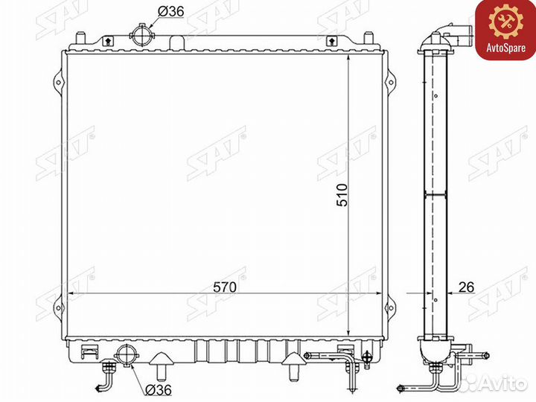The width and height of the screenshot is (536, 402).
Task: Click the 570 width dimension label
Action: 225,287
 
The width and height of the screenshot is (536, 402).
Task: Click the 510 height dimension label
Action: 342,195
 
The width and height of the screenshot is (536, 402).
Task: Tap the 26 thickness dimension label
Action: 466,287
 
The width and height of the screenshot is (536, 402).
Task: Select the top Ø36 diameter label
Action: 170,12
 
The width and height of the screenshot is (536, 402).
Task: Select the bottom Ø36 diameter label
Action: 158,389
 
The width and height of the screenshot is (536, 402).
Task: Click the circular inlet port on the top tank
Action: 142,35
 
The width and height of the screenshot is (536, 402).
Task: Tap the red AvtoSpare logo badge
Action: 505,30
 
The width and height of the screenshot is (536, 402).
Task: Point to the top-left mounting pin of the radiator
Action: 80,38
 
